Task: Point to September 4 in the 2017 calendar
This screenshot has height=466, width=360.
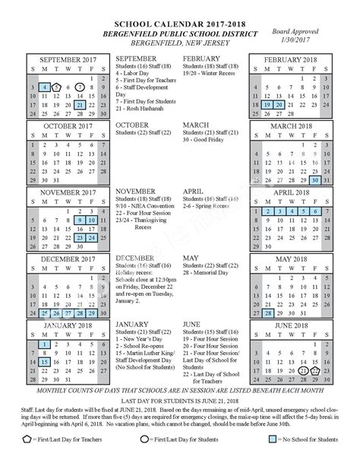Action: (45, 87)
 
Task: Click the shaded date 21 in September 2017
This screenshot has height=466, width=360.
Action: (80, 105)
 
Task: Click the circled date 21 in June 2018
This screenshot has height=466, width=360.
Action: (303, 372)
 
